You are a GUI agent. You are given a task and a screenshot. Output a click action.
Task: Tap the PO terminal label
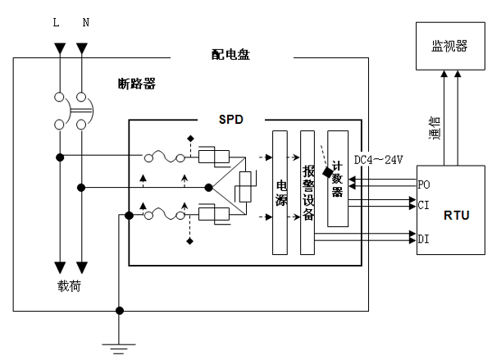423,185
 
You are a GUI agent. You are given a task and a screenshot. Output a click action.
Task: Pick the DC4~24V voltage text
377,159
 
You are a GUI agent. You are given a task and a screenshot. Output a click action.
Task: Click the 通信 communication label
435,129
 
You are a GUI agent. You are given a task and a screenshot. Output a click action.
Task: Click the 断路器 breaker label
136,84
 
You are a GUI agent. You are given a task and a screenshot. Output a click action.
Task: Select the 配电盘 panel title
230,55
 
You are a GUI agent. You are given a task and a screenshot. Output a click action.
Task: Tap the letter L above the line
56,22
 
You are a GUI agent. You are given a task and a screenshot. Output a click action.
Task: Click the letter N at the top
84,22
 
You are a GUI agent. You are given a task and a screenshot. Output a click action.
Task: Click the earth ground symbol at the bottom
120,348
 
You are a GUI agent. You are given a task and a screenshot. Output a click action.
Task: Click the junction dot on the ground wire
120,310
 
